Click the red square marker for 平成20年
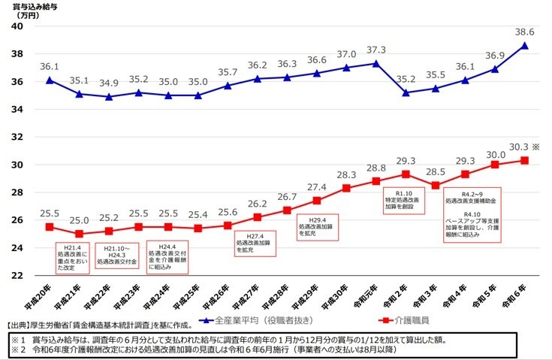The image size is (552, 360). click(x=50, y=226)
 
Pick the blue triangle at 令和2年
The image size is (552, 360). click(x=406, y=92)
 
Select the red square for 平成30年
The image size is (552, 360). click(x=346, y=188)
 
